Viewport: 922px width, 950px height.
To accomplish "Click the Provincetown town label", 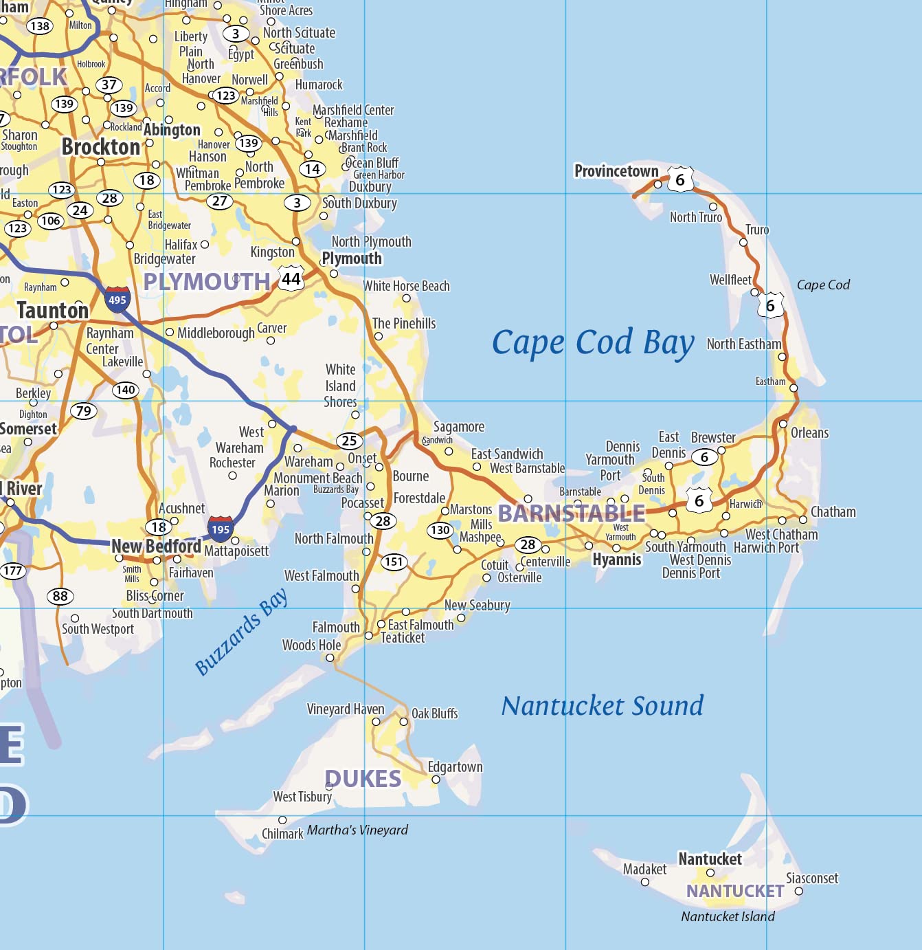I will (x=616, y=171).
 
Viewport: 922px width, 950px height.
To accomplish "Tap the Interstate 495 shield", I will (x=117, y=300).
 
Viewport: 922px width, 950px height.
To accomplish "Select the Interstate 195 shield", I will (x=221, y=529).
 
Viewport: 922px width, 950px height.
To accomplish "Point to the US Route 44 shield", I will (x=291, y=278).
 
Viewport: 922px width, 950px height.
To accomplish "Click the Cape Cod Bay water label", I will (x=593, y=342).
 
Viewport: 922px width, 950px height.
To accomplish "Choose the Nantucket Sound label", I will (x=603, y=706).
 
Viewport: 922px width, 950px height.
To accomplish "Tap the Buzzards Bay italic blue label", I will (x=241, y=632).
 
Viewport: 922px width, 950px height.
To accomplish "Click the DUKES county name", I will (x=363, y=779).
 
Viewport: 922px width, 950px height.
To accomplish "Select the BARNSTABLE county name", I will (x=572, y=513).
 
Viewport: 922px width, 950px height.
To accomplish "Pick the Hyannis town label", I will (x=617, y=560).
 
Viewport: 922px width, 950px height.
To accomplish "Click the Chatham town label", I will (x=833, y=512).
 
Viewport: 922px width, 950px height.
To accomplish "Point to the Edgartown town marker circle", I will (x=436, y=780).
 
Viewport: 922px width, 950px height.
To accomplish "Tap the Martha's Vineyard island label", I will (x=357, y=830).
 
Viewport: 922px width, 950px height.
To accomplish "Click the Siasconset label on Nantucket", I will (x=812, y=879).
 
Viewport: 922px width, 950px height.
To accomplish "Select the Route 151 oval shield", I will (x=394, y=562).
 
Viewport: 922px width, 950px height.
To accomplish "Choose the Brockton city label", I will (x=101, y=147).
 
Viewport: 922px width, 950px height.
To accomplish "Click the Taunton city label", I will (x=53, y=311).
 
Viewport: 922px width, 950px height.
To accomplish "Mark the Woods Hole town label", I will (x=311, y=645).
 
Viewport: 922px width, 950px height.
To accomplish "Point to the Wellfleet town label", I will (x=730, y=280).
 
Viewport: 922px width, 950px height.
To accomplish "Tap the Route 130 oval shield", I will (x=440, y=530).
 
